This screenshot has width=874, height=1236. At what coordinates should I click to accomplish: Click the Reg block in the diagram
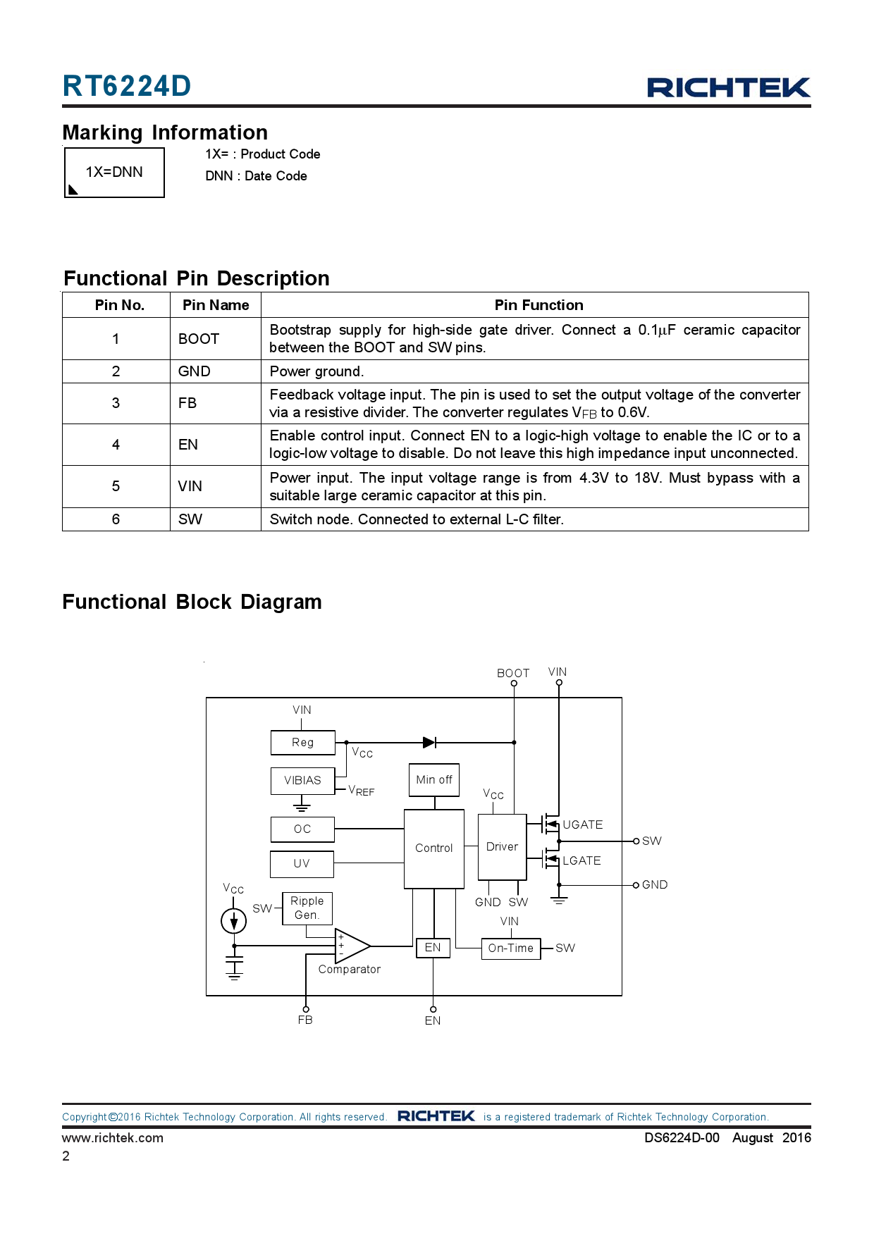pyautogui.click(x=303, y=743)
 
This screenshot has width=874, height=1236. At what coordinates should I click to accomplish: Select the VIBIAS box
pyautogui.click(x=303, y=781)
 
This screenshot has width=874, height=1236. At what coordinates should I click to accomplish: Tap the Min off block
pyautogui.click(x=434, y=780)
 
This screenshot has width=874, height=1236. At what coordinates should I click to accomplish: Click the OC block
pyautogui.click(x=302, y=829)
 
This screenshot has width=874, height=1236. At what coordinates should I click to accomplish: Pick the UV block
pyautogui.click(x=302, y=864)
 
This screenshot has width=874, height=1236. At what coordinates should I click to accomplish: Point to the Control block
pyautogui.click(x=434, y=848)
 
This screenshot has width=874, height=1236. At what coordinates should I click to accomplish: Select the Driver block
pyautogui.click(x=503, y=847)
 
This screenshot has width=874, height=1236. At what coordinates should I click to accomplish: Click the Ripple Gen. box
pyautogui.click(x=307, y=908)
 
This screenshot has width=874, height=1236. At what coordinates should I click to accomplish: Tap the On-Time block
pyautogui.click(x=511, y=948)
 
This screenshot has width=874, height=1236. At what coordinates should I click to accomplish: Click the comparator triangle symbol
pyautogui.click(x=351, y=946)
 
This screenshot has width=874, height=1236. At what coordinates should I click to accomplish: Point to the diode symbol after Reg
pyautogui.click(x=429, y=743)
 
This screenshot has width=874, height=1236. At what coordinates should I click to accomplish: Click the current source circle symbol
pyautogui.click(x=234, y=920)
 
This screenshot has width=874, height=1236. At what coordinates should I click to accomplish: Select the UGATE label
pyautogui.click(x=583, y=824)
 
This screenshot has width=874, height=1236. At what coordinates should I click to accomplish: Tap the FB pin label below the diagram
pyautogui.click(x=305, y=1020)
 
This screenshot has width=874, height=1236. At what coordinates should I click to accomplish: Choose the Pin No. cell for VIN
pyautogui.click(x=116, y=486)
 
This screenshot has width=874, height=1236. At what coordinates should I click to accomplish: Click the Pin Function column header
pyautogui.click(x=539, y=305)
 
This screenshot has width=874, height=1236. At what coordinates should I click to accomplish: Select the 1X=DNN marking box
pyautogui.click(x=114, y=173)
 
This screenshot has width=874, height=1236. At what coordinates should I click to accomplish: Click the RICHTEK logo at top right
pyautogui.click(x=729, y=87)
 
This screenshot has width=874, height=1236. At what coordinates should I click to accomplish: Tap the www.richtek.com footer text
pyautogui.click(x=113, y=1138)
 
